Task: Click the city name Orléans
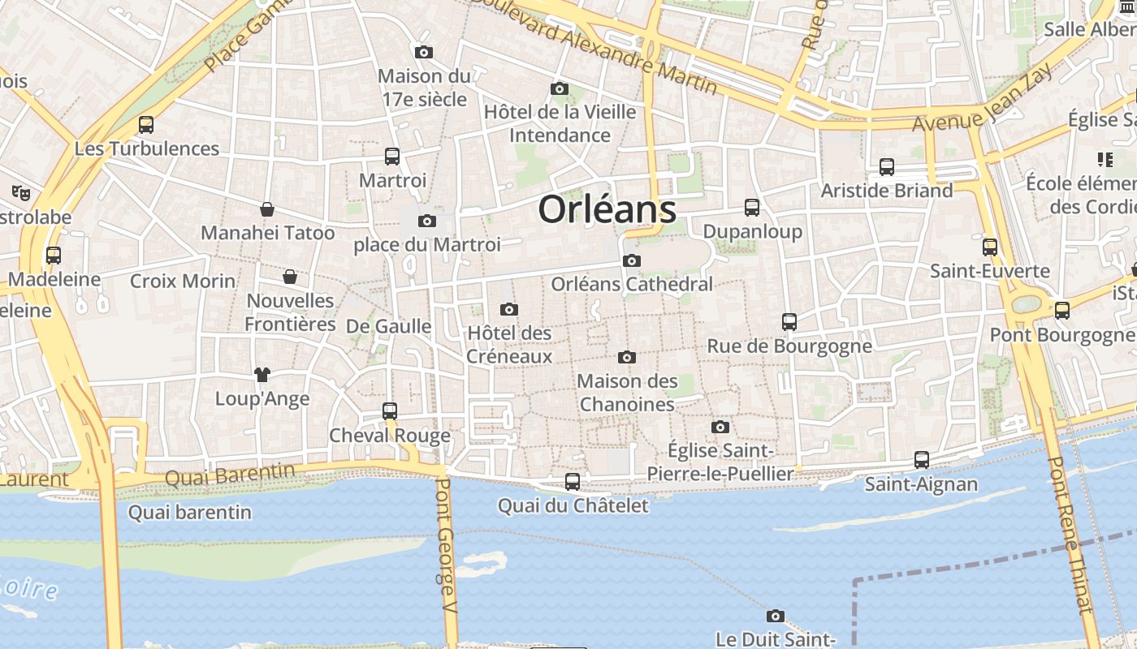(x=607, y=208)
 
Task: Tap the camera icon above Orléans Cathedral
(x=631, y=260)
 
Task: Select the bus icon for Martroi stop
(x=391, y=156)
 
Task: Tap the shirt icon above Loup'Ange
(x=262, y=375)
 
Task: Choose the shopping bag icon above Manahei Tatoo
(x=266, y=209)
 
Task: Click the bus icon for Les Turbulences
(x=146, y=125)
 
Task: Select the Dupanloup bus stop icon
(x=752, y=208)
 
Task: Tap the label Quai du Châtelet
(x=573, y=506)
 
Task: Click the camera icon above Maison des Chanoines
(x=626, y=357)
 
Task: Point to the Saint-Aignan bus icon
(x=921, y=460)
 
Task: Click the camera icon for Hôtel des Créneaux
(x=509, y=309)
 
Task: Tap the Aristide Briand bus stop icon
(x=887, y=167)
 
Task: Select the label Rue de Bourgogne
(x=789, y=346)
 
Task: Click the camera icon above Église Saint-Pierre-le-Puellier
(x=720, y=427)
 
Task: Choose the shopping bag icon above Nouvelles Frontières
(x=289, y=277)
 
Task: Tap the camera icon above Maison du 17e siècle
(x=423, y=52)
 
